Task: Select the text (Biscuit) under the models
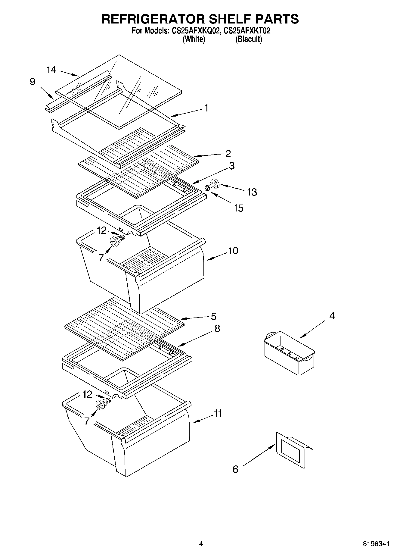tap(249, 39)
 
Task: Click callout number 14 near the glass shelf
tap(51, 70)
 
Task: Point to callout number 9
tap(33, 82)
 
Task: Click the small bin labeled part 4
tap(289, 352)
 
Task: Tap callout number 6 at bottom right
tap(235, 469)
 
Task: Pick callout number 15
tap(238, 208)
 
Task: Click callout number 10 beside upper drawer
tap(233, 250)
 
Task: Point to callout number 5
tap(213, 316)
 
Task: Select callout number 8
tap(217, 328)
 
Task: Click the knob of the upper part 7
tap(114, 241)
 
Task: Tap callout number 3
tap(231, 166)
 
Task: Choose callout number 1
tap(206, 108)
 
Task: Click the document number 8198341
tap(376, 544)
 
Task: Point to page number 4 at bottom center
tap(201, 544)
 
